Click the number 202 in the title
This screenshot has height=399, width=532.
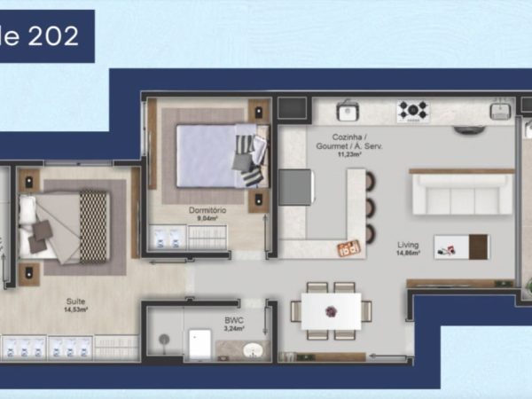53,35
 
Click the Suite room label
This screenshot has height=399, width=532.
74,301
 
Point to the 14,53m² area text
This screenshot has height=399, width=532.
74,309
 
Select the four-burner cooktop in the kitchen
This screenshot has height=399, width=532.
412,111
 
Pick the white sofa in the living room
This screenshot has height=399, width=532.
462,194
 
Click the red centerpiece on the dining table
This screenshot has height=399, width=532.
331,311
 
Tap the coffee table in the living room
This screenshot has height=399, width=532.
461,246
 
